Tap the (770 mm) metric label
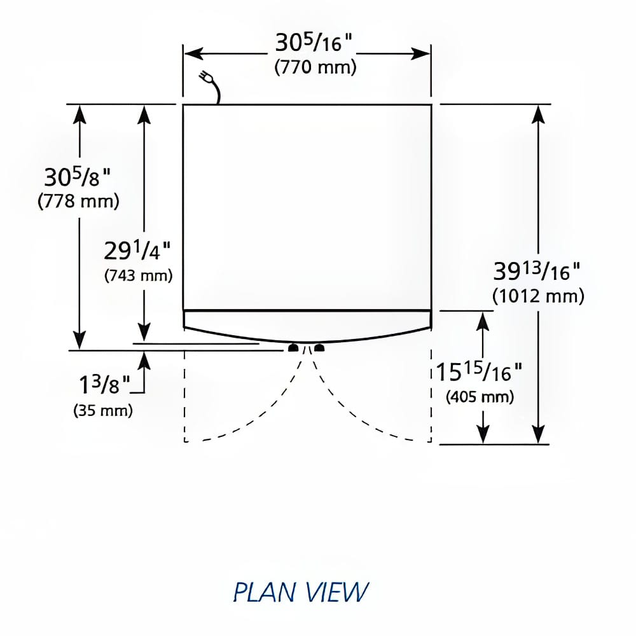coord(315,67)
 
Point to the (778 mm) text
coord(79,202)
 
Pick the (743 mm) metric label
coord(139,276)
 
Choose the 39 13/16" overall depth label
coord(537,272)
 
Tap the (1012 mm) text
coord(538,296)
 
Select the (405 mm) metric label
coord(480,397)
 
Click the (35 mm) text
coord(103,410)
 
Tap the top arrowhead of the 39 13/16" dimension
coord(539,113)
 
